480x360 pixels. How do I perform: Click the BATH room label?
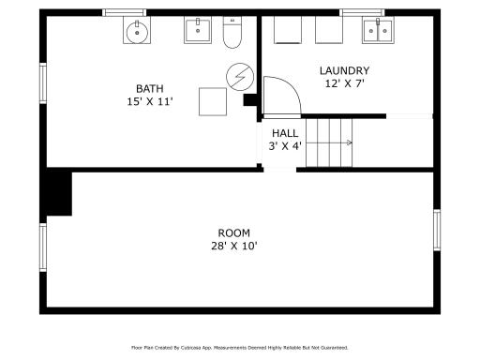click(x=150, y=89)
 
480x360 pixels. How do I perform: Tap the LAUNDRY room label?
click(x=344, y=70)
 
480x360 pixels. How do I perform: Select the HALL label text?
click(x=285, y=133)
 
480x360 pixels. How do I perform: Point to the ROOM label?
click(x=234, y=233)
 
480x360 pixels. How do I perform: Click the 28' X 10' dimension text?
click(x=234, y=246)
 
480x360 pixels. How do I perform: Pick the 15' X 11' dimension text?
click(x=150, y=101)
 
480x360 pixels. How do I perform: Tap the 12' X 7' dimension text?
click(x=345, y=83)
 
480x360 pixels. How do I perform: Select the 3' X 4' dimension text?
click(x=285, y=146)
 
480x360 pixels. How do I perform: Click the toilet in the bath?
click(x=232, y=32)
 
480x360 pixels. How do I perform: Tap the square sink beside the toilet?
click(x=198, y=30)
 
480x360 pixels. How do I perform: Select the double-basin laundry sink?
click(x=378, y=30)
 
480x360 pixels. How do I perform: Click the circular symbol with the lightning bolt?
click(x=240, y=77)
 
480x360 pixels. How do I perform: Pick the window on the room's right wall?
click(x=437, y=230)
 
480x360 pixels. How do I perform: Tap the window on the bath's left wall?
click(x=43, y=83)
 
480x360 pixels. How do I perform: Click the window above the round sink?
click(x=125, y=12)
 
